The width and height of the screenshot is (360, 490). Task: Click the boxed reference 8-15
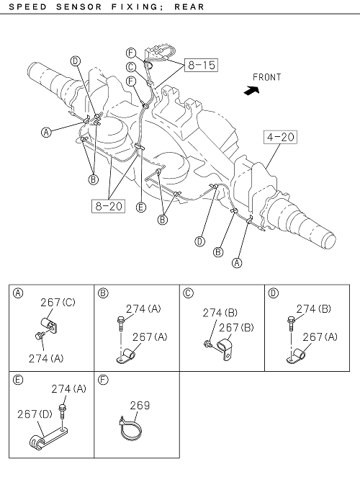pos(201,65)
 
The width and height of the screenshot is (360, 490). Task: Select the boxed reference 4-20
pos(280,137)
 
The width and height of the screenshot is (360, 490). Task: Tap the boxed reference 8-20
pos(108,206)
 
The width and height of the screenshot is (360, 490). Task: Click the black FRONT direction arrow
pos(252,90)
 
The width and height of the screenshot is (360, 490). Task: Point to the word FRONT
pos(266,77)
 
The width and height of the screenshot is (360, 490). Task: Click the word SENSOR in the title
pos(79,6)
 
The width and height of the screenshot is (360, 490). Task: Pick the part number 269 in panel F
pos(140,405)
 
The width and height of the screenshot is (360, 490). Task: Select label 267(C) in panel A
pos(58,303)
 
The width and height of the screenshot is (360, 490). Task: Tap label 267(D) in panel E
pos(35,414)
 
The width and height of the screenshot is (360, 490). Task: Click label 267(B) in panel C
pos(236,327)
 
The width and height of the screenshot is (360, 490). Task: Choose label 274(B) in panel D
pos(314,308)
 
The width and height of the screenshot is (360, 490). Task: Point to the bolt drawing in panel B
pos(120,323)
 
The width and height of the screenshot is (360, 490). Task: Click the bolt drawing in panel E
pos(62,411)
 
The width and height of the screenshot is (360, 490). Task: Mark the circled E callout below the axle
pos(141,207)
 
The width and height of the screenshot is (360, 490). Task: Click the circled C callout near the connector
pos(131,67)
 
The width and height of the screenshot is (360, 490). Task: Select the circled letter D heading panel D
pos(273,293)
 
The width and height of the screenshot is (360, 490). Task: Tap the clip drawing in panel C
pos(225,349)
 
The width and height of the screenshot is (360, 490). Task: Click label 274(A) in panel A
pos(46,358)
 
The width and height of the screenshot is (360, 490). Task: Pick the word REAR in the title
pos(189,6)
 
